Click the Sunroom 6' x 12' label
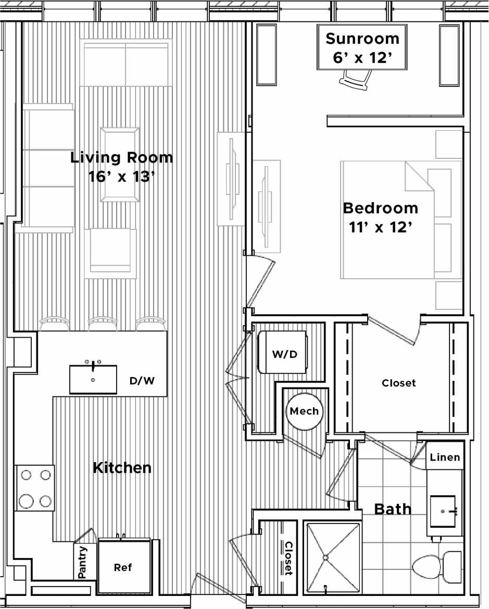point(362,47)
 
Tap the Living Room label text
point(121,157)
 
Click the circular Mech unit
point(304,411)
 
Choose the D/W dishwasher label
point(142,381)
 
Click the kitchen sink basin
point(94,379)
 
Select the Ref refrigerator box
point(123,567)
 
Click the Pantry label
point(82,562)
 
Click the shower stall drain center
point(326,558)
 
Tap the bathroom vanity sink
point(443,511)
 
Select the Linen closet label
point(445,457)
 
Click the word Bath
point(393,508)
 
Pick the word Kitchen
point(122,467)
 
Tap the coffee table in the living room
point(121,165)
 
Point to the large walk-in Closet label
point(399,383)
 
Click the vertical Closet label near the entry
point(288,558)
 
